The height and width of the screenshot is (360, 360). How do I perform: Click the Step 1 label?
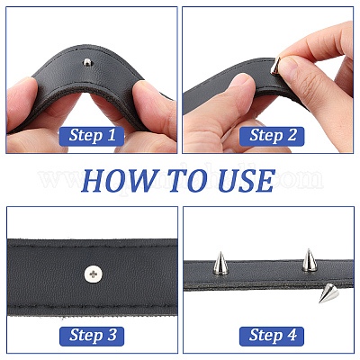92,136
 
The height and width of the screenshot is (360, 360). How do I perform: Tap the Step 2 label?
272,136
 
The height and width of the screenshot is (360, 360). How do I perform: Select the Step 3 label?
92,336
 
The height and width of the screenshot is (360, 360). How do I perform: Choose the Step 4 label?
272,336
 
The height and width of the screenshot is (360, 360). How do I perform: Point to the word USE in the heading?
246,181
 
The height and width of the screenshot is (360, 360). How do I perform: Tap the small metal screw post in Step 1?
87,63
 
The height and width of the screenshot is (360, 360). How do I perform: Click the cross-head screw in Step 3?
93,274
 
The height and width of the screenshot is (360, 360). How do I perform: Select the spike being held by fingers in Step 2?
275,67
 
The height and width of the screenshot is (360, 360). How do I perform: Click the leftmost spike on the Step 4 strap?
220,264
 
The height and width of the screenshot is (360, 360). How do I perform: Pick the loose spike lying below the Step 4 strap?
328,292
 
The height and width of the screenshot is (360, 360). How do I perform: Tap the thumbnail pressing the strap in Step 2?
240,81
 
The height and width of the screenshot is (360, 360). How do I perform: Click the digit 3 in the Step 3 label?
112,335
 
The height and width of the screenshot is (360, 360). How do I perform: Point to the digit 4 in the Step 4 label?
292,335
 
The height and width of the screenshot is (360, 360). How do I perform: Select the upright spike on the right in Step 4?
310,260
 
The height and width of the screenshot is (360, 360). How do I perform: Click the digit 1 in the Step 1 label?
112,135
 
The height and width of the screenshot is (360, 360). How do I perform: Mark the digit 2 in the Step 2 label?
292,135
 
